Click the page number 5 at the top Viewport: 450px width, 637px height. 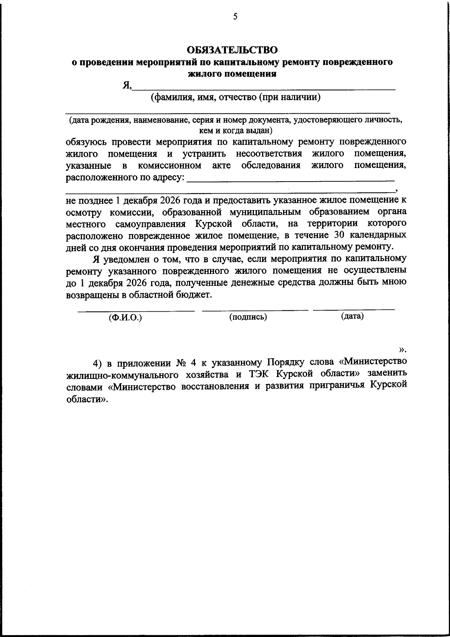pos(235,16)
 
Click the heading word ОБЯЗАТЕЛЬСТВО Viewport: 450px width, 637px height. pos(232,50)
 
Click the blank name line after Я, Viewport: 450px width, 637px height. pos(264,89)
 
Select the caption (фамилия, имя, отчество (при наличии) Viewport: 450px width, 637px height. pos(235,98)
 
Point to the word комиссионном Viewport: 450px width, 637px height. pos(169,165)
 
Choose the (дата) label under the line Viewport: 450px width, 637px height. pos(352,316)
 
